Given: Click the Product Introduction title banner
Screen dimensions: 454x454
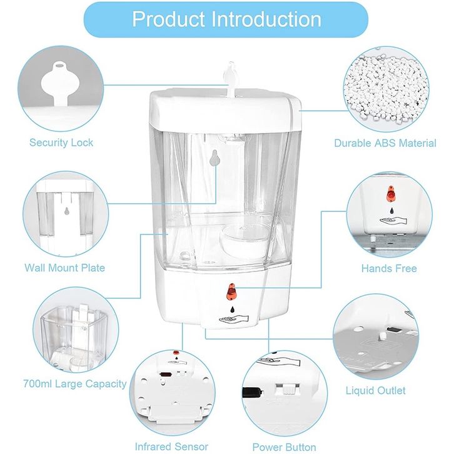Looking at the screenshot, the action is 226,19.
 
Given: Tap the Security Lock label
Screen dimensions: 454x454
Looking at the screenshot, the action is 61,143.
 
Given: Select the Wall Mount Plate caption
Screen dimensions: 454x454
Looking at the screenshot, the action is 64,268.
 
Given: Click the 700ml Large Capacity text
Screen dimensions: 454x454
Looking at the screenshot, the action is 74,383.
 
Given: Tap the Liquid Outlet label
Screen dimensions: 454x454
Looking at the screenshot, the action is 375,390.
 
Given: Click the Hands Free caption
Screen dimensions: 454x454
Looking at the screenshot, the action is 389,268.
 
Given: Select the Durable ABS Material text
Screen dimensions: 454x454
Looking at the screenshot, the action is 385,143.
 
